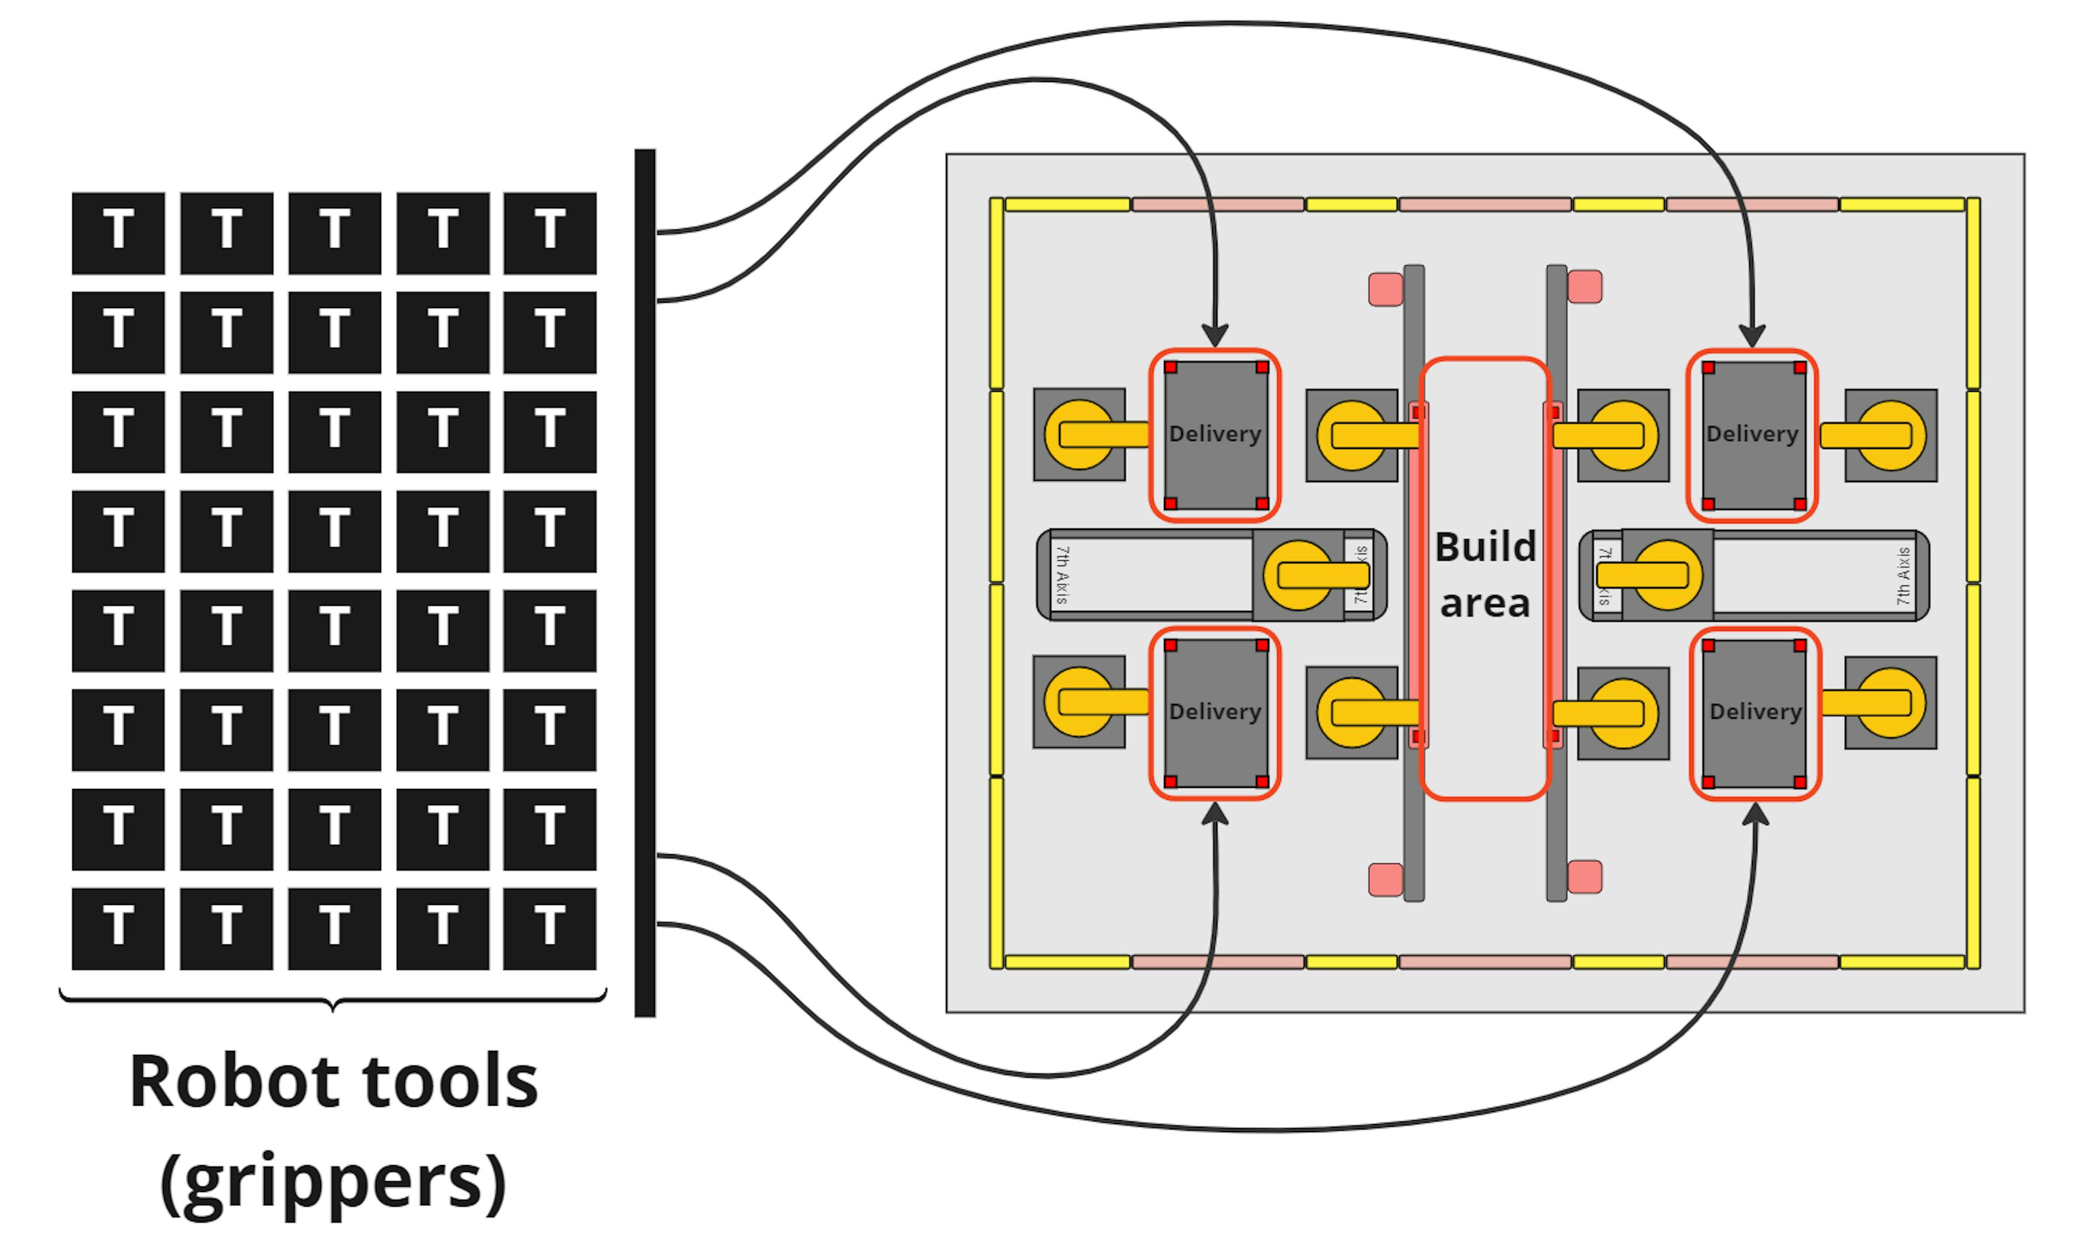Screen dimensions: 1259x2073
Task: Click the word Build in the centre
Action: (x=1485, y=548)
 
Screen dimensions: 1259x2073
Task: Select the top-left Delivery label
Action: (x=1215, y=434)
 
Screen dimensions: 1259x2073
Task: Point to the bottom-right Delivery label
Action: (x=1756, y=711)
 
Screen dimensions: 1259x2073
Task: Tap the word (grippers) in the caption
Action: (x=333, y=1182)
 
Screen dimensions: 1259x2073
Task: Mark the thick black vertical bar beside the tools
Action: (x=645, y=583)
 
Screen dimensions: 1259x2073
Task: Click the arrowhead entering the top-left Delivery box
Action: (x=1215, y=335)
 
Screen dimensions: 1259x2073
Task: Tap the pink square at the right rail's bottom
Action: (x=1585, y=876)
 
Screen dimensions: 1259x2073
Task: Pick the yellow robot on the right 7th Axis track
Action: (x=1666, y=575)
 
